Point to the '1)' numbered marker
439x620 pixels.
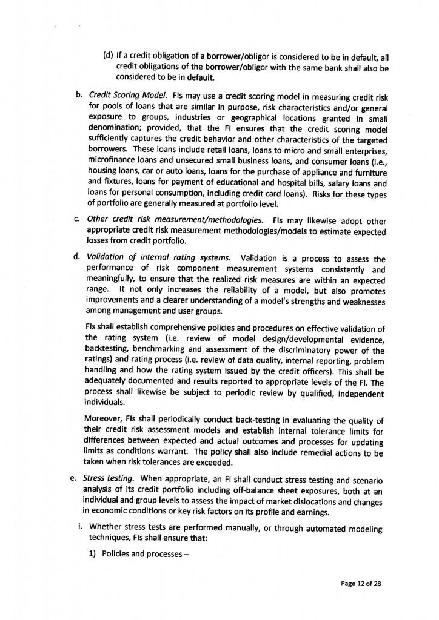tap(93, 553)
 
